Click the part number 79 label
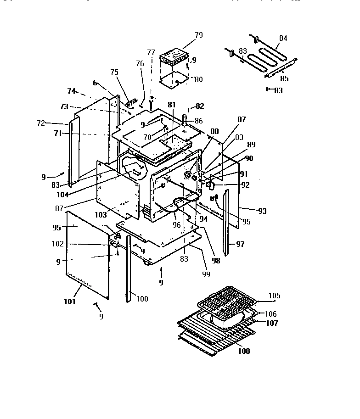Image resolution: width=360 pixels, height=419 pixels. (x=198, y=35)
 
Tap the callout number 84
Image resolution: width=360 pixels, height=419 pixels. (x=283, y=39)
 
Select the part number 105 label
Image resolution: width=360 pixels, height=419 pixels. (x=274, y=296)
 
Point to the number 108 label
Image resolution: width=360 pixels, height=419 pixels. (x=244, y=351)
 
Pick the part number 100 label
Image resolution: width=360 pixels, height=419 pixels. (x=142, y=299)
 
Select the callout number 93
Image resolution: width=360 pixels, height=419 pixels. (x=262, y=211)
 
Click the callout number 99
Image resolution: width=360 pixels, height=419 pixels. (x=206, y=274)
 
